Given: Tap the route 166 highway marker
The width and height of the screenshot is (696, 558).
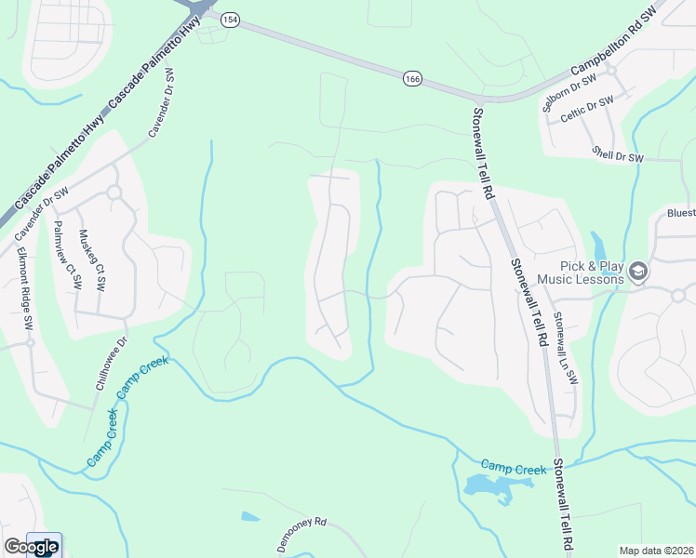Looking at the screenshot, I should point(411,79).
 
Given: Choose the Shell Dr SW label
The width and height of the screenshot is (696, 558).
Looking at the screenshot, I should point(618,154).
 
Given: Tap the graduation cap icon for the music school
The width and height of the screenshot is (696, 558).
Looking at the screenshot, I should point(638,272).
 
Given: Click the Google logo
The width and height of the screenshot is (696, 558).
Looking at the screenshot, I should point(31,547).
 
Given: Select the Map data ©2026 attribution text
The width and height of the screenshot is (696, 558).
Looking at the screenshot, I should point(655,551).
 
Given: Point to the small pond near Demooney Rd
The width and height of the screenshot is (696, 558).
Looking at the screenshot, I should point(249,516).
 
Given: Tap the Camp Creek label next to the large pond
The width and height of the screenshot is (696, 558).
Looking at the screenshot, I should point(513,467).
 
